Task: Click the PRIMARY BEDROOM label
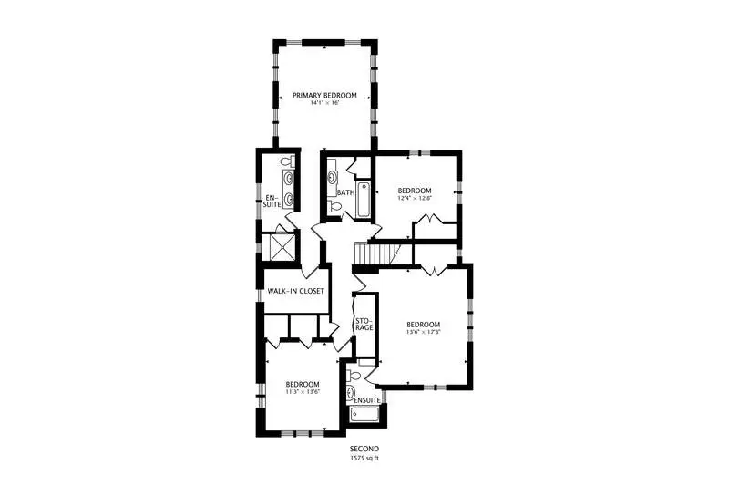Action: click(324, 96)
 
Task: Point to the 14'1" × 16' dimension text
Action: click(324, 103)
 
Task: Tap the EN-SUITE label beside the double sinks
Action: click(272, 201)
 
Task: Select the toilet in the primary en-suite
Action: click(287, 161)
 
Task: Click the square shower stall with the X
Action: click(278, 247)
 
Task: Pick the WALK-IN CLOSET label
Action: click(295, 291)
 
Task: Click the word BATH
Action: click(346, 192)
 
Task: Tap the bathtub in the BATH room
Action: click(363, 200)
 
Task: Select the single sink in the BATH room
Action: click(333, 177)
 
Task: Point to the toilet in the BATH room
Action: click(334, 206)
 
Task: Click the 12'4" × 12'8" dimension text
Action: click(415, 198)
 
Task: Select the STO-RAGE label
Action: click(364, 325)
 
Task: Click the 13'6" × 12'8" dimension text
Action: click(423, 332)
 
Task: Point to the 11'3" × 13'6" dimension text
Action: click(303, 391)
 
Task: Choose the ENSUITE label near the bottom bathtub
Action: click(367, 400)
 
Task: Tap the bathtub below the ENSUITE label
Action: click(365, 414)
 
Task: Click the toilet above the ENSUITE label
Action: click(354, 375)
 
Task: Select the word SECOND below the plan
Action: click(364, 449)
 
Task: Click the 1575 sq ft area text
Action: click(364, 458)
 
